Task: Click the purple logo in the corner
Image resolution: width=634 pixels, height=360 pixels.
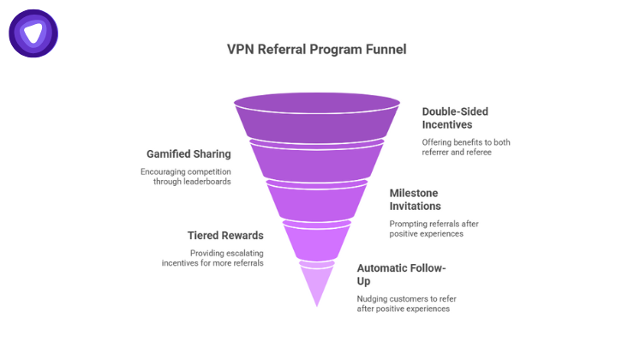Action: pyautogui.click(x=33, y=33)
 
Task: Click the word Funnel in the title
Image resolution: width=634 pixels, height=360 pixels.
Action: pyautogui.click(x=385, y=49)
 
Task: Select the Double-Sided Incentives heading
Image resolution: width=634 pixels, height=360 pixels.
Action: pyautogui.click(x=455, y=117)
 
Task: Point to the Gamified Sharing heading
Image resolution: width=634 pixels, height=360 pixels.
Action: pyautogui.click(x=188, y=154)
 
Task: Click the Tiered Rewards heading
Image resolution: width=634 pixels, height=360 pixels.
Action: pyautogui.click(x=225, y=235)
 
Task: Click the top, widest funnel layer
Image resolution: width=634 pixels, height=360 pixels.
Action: pyautogui.click(x=316, y=116)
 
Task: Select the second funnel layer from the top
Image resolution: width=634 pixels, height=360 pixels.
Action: pyautogui.click(x=316, y=160)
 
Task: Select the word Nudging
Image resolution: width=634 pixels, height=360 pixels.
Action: pyautogui.click(x=374, y=298)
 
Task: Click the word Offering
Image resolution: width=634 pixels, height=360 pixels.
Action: pyautogui.click(x=439, y=141)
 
